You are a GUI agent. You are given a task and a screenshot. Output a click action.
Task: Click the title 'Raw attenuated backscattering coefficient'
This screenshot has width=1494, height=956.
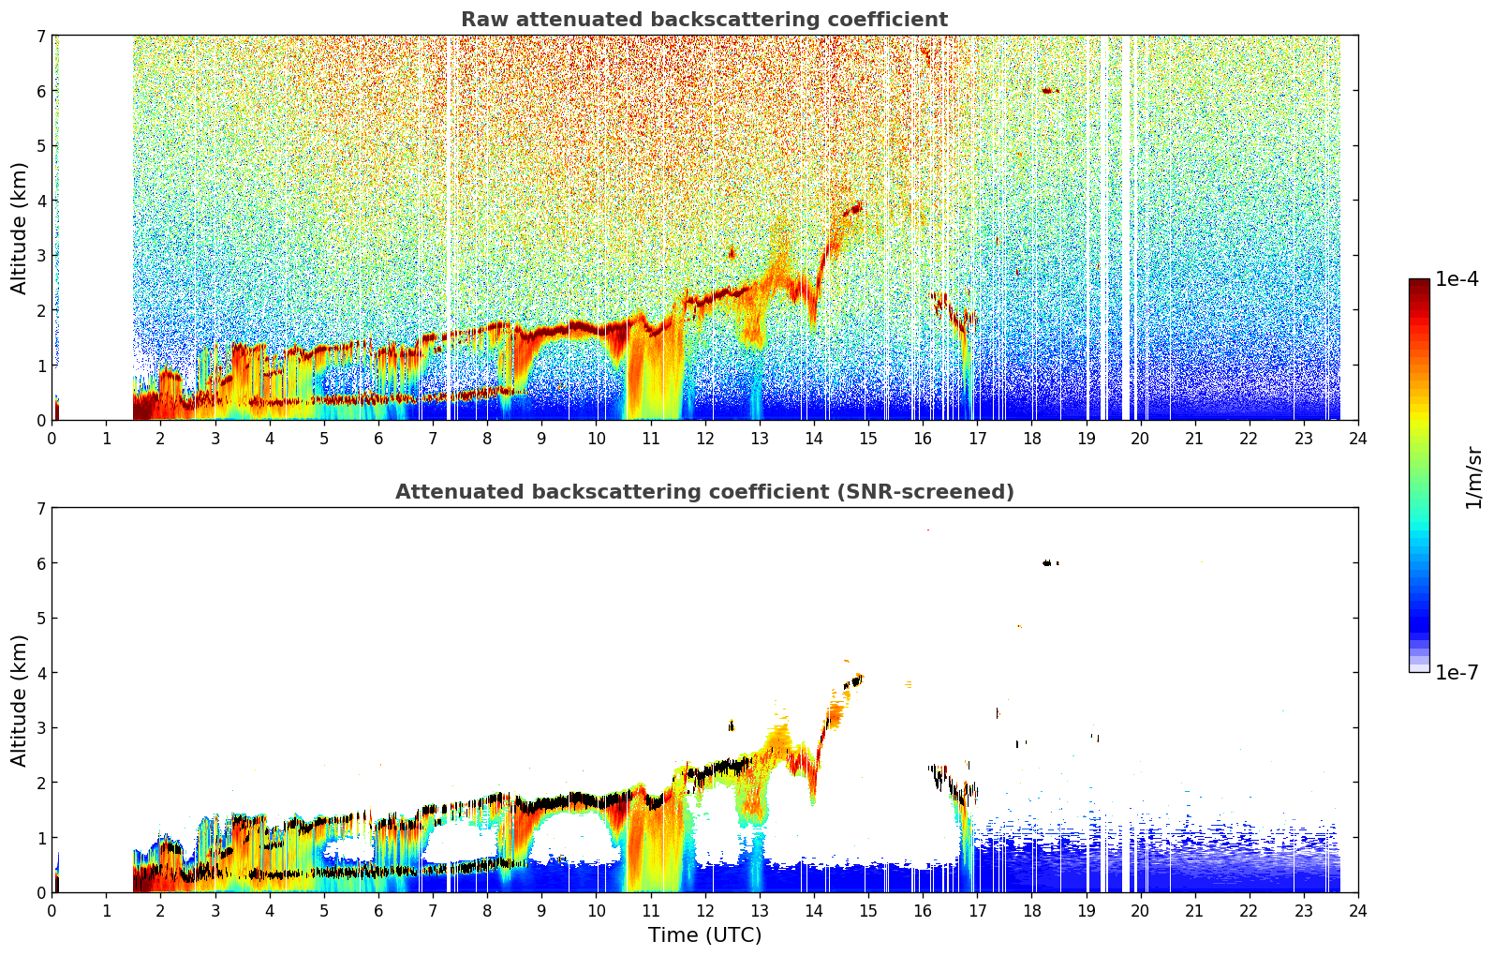click(x=704, y=20)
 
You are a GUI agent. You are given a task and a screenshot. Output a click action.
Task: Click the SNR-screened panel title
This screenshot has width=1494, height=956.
click(x=704, y=491)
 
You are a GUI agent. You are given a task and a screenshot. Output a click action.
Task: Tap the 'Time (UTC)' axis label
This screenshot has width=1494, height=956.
click(x=704, y=935)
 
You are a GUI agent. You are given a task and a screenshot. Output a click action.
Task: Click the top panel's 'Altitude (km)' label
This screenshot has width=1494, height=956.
click(x=20, y=229)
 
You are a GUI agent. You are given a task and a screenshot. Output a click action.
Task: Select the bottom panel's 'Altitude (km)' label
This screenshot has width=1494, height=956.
click(x=20, y=700)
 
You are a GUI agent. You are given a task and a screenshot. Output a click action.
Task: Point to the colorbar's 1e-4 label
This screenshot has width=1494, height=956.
click(x=1457, y=279)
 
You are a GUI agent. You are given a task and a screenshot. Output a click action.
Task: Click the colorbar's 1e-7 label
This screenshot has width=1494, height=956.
click(x=1457, y=673)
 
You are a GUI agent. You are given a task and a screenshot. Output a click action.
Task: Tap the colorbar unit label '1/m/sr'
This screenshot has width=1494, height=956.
click(x=1474, y=477)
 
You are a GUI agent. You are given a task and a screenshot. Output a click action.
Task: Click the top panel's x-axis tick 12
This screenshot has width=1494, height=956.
click(x=705, y=439)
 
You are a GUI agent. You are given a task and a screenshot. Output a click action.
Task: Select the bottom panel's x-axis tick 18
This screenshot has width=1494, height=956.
click(x=1032, y=911)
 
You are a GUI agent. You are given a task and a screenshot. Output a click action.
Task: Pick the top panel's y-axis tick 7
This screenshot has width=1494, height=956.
click(x=41, y=36)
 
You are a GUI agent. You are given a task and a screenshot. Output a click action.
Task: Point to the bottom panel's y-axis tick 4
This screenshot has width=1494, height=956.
click(x=41, y=673)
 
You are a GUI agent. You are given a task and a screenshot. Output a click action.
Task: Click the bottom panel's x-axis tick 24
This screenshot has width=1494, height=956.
click(x=1358, y=911)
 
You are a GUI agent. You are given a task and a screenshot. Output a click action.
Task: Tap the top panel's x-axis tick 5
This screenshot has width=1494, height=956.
click(x=324, y=439)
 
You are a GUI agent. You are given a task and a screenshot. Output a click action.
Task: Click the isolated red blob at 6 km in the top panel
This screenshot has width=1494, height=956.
click(x=1049, y=90)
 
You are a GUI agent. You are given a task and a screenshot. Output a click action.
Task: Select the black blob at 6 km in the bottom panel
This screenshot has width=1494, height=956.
click(x=1049, y=562)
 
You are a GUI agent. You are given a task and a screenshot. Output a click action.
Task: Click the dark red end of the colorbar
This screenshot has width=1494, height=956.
click(x=1419, y=283)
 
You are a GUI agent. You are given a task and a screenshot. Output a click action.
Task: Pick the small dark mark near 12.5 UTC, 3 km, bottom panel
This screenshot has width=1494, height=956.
click(x=732, y=725)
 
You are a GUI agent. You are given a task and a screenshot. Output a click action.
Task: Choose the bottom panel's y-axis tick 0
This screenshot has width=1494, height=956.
click(x=41, y=892)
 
